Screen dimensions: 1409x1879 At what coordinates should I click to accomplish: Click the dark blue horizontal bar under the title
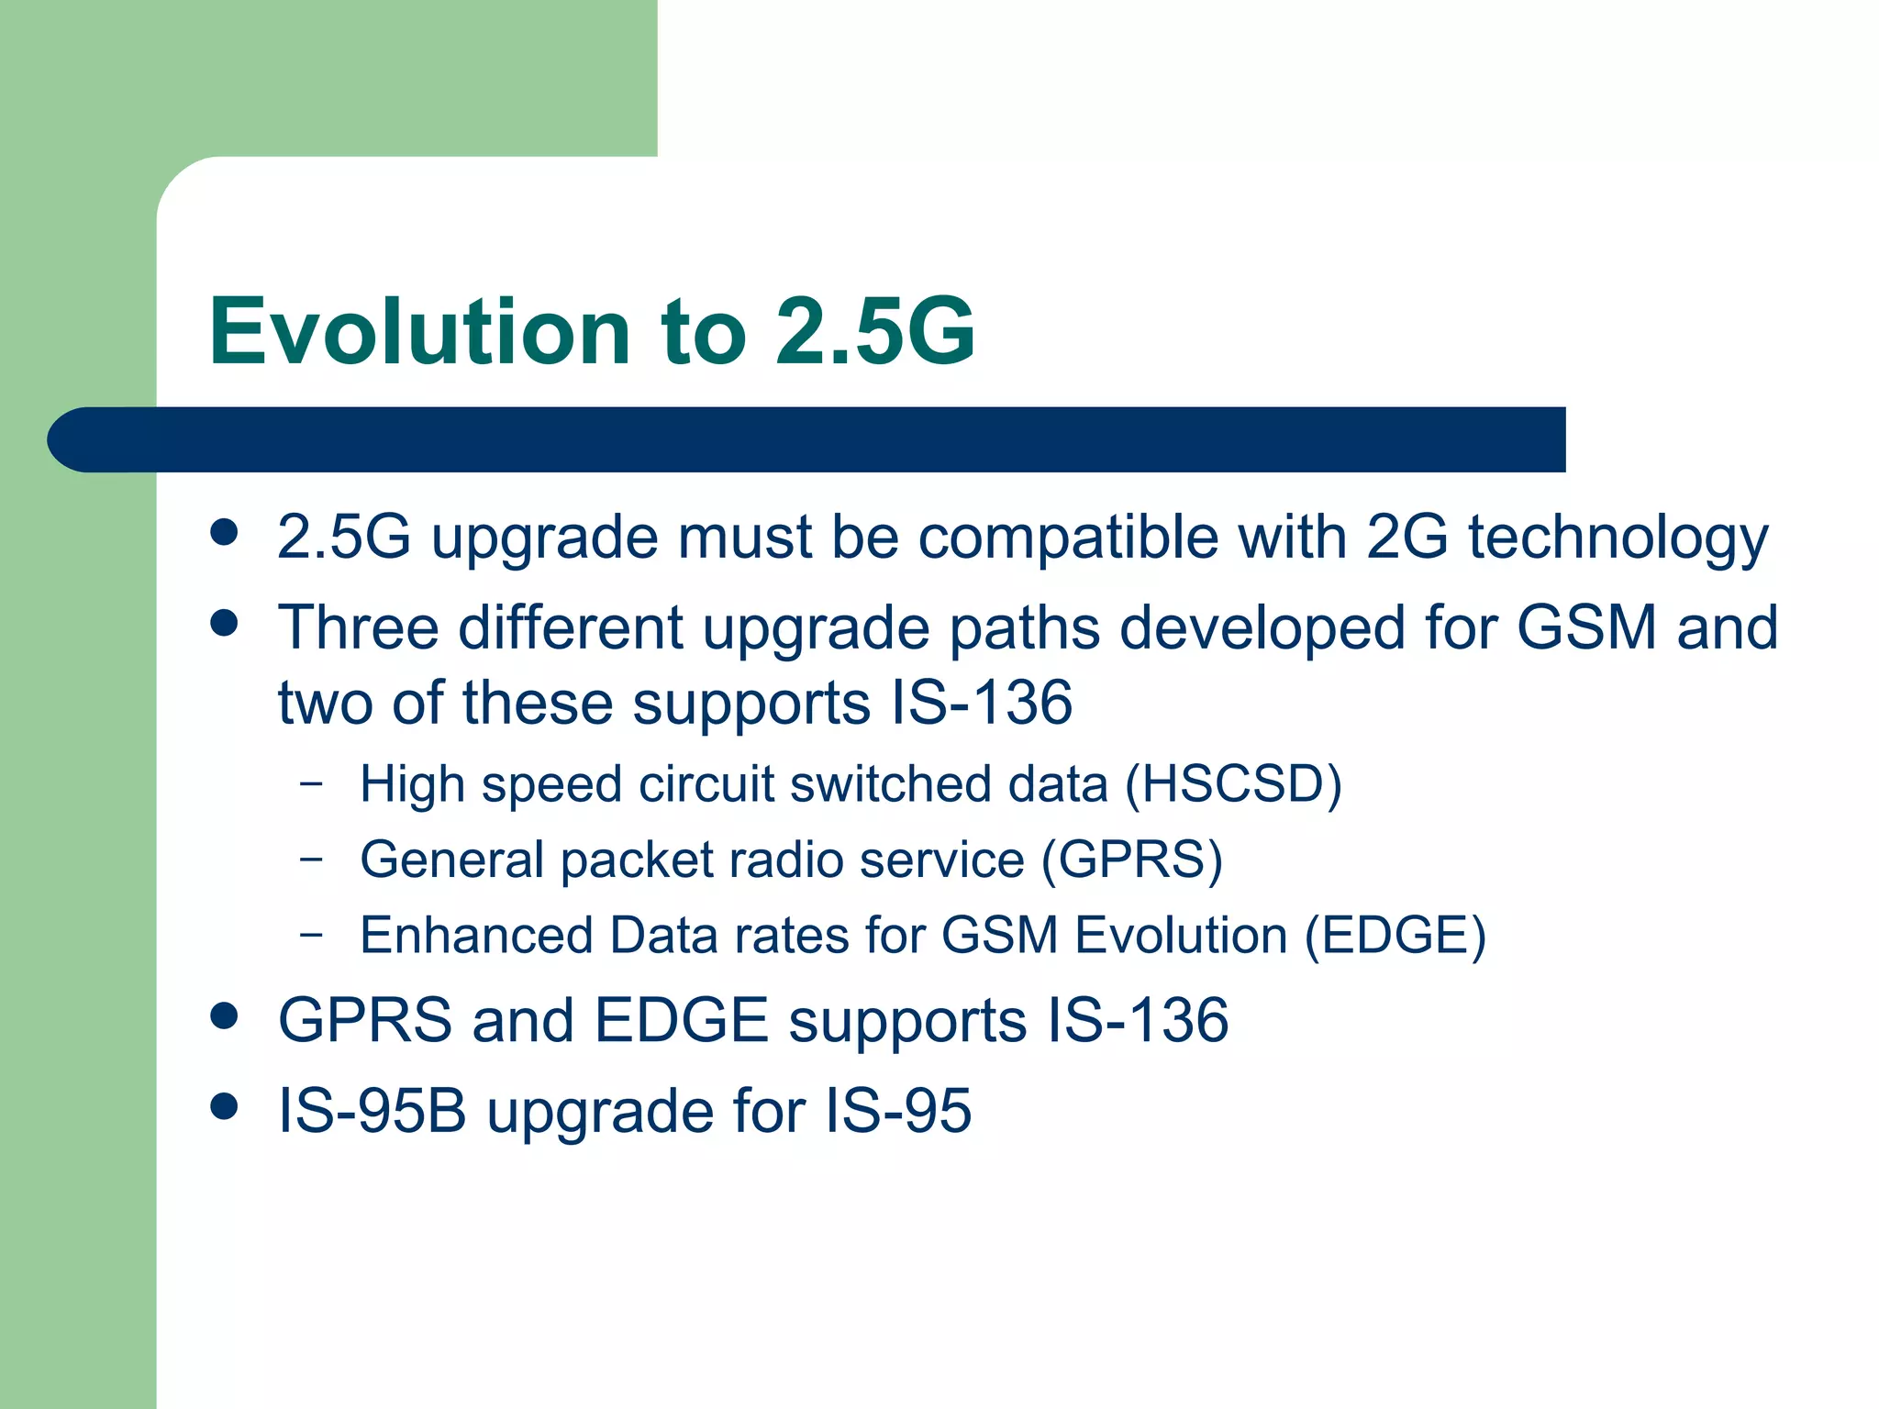tap(807, 439)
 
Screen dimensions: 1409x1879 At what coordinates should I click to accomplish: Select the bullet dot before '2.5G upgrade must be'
tap(224, 532)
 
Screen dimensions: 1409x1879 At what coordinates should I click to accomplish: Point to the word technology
tap(1618, 539)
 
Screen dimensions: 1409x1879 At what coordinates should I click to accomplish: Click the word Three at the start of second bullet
tap(359, 627)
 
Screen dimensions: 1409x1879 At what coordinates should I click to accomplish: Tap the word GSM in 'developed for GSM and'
tap(1586, 627)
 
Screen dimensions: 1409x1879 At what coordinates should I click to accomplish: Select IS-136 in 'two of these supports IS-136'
tap(982, 703)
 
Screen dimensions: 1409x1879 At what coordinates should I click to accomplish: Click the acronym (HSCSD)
tap(1233, 785)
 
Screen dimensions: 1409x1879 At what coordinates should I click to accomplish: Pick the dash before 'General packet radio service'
tap(312, 860)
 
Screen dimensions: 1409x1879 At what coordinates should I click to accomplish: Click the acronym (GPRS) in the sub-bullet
tap(1132, 860)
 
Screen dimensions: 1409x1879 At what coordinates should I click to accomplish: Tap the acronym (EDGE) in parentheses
tap(1395, 937)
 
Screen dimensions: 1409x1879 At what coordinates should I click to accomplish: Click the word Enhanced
tap(476, 936)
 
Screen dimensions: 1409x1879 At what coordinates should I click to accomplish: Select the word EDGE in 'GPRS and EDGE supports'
tap(681, 1020)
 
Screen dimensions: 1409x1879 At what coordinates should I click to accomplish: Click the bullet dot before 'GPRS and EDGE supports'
tap(224, 1015)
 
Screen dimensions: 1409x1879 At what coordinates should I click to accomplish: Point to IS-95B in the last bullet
tap(372, 1111)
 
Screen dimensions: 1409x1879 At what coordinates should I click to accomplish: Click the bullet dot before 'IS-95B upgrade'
tap(224, 1106)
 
